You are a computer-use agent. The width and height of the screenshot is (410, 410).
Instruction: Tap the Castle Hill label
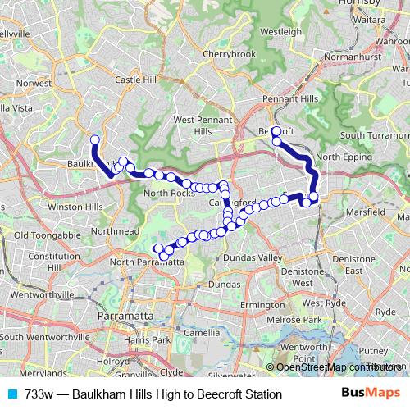point(135,80)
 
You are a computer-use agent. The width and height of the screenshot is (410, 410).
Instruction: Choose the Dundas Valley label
point(258,257)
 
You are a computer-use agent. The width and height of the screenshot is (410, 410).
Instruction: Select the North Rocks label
point(167,193)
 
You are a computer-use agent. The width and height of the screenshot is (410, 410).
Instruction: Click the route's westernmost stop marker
point(94,140)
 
